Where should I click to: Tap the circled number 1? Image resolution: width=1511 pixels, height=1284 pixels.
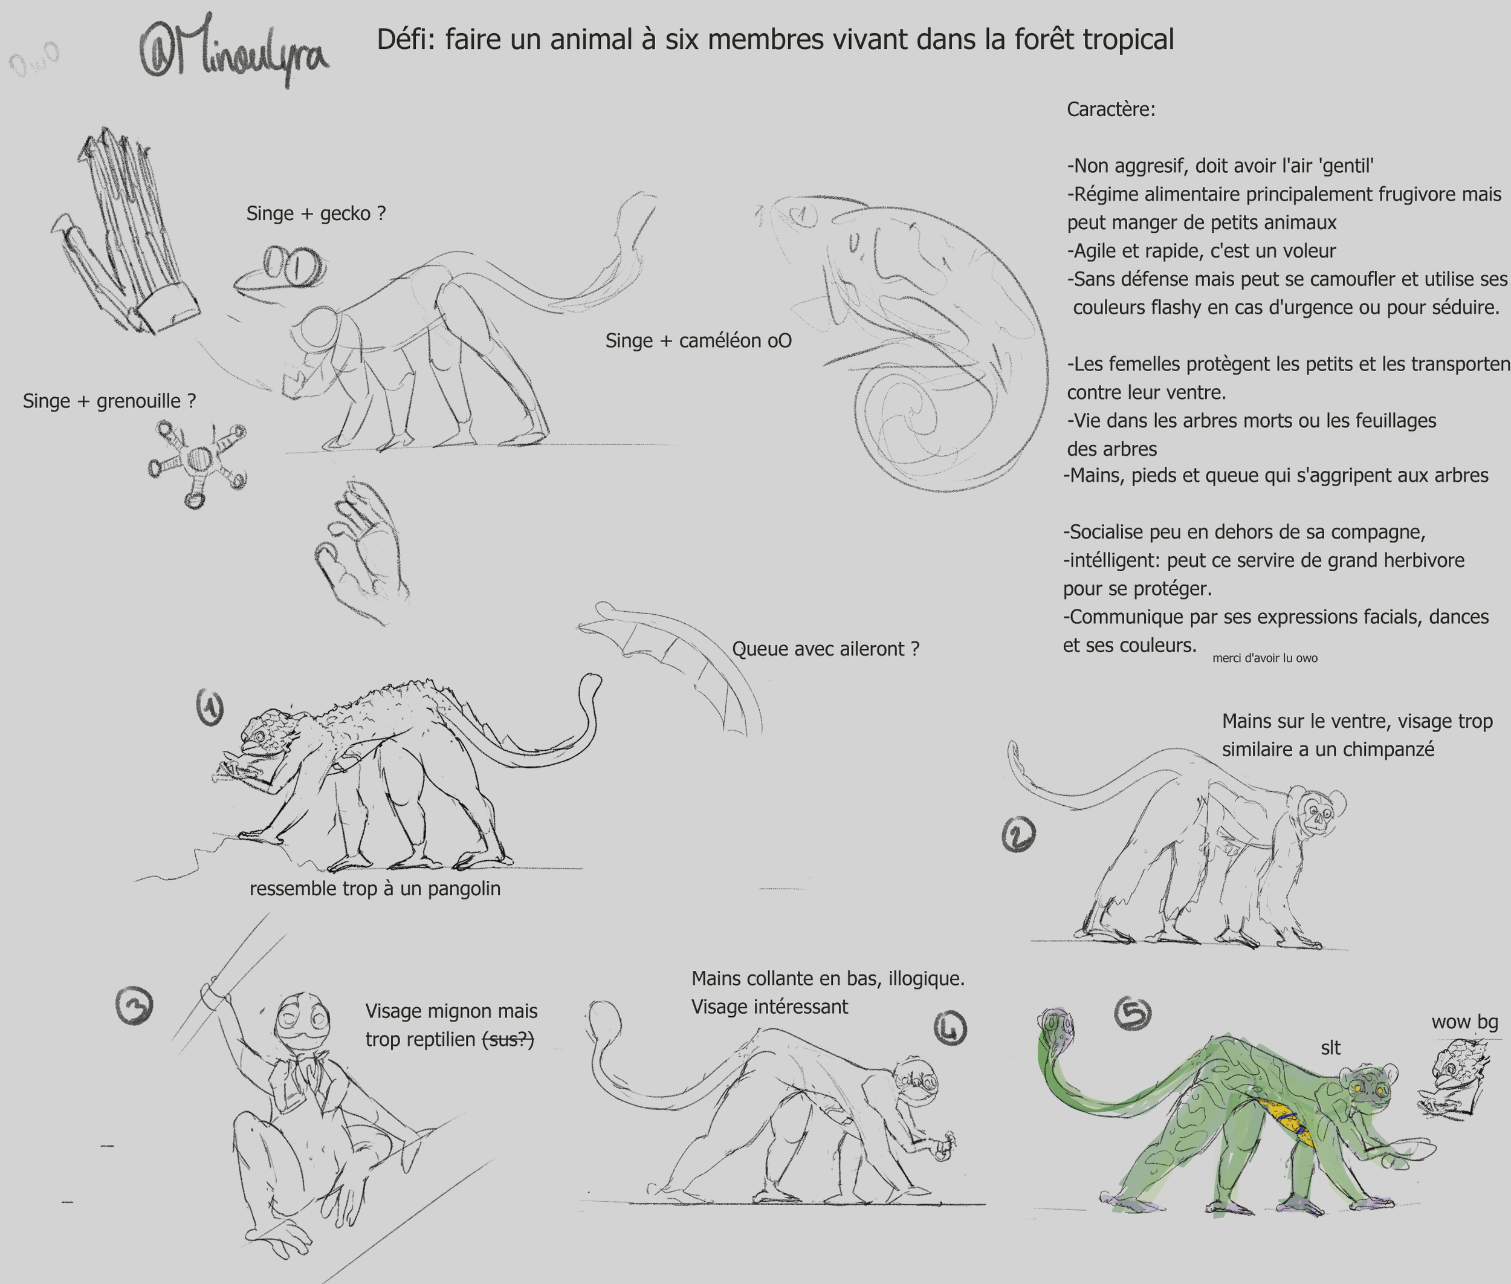click(x=210, y=707)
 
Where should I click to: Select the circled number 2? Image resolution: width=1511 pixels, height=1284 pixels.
click(x=1018, y=834)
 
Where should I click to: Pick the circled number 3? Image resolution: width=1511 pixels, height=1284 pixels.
click(x=135, y=1006)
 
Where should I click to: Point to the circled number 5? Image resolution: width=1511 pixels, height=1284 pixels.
click(x=1133, y=1013)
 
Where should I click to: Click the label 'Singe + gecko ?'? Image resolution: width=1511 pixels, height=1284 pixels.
click(x=316, y=214)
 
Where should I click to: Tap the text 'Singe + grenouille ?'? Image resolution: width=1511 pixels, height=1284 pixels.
click(x=109, y=401)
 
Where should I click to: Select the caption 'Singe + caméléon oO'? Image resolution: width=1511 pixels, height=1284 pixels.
click(x=698, y=341)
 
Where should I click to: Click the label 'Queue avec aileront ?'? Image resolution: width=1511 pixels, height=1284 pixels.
click(x=826, y=649)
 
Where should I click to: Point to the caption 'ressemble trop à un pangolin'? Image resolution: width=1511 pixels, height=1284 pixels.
click(x=375, y=889)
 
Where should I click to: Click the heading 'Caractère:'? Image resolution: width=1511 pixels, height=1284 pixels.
click(x=1111, y=110)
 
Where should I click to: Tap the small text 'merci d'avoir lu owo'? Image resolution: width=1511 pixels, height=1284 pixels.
click(x=1264, y=658)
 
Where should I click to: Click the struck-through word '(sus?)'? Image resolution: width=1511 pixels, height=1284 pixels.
click(x=509, y=1039)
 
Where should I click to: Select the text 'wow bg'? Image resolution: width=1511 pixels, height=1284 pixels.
click(x=1464, y=1022)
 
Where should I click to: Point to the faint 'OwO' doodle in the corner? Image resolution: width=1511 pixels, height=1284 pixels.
click(x=33, y=60)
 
